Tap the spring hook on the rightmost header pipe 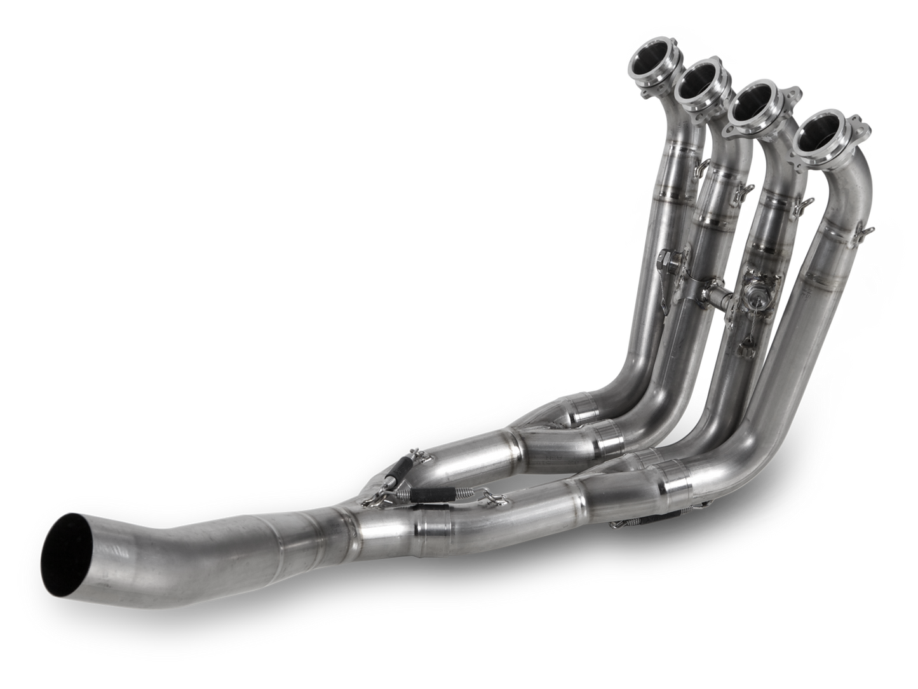coord(868,231)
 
